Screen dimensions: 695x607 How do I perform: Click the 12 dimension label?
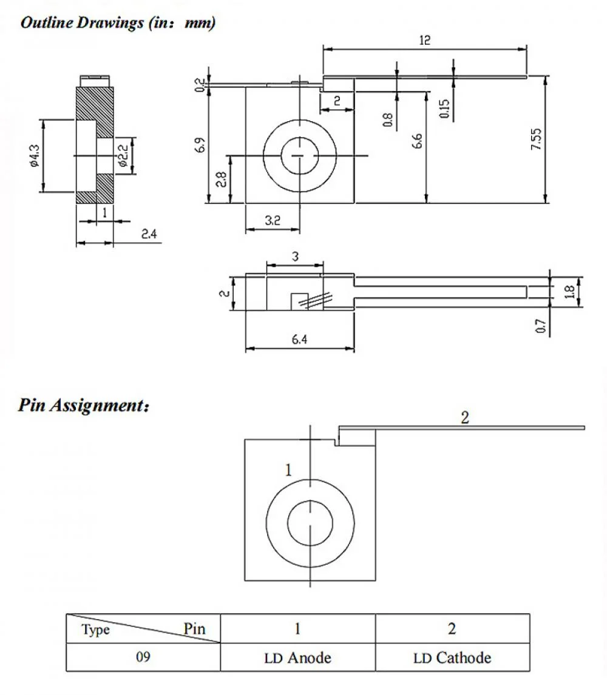click(x=424, y=40)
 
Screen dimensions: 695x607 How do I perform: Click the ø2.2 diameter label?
click(x=123, y=156)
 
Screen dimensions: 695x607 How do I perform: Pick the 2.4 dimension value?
click(x=149, y=233)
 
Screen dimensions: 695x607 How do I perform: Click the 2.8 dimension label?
click(x=222, y=180)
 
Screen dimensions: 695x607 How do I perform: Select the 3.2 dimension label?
click(x=273, y=221)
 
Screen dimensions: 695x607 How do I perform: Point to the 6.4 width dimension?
click(x=299, y=340)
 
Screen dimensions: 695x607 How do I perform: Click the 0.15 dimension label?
click(x=445, y=108)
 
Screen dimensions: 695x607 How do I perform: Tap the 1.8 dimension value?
click(x=569, y=292)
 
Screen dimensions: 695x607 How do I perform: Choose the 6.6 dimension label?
click(x=417, y=141)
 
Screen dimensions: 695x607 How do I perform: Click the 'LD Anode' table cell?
click(x=297, y=657)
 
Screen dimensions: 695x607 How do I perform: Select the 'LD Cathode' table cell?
click(x=452, y=657)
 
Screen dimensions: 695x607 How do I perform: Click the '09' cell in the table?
click(x=143, y=657)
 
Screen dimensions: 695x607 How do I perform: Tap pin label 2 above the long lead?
click(x=465, y=418)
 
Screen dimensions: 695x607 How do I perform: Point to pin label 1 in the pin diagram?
click(x=289, y=469)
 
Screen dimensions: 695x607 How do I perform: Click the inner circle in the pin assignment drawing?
click(x=310, y=523)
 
